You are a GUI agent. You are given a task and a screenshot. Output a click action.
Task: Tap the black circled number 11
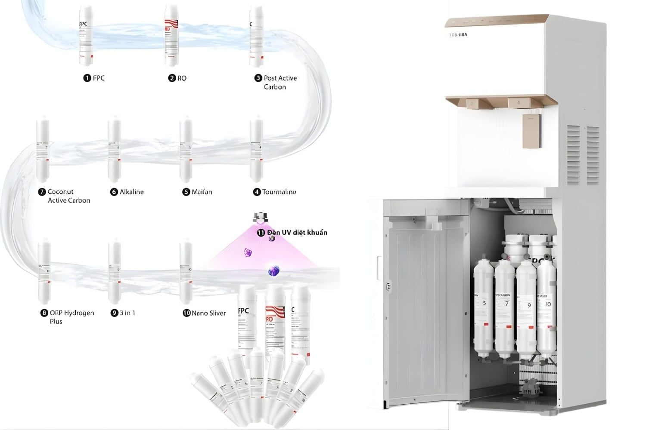(261, 233)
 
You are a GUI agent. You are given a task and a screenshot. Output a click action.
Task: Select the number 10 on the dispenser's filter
(548, 304)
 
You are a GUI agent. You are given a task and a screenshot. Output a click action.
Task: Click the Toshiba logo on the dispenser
(458, 35)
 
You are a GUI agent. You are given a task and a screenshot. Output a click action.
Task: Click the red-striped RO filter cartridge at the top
(172, 37)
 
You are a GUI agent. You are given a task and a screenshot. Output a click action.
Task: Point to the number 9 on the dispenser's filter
(529, 305)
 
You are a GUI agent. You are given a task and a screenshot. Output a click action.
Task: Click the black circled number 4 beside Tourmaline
(257, 192)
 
